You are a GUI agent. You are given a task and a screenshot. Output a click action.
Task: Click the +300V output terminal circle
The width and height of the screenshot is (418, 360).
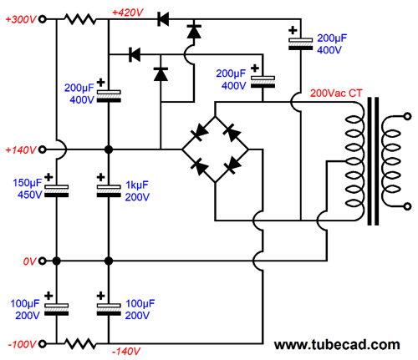pyautogui.click(x=42, y=19)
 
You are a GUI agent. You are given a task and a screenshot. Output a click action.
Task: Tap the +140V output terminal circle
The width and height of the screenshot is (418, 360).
pyautogui.click(x=42, y=150)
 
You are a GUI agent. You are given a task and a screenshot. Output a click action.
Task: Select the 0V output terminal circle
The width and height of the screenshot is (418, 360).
pyautogui.click(x=42, y=261)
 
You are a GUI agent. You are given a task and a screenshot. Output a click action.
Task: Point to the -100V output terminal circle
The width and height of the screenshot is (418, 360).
pyautogui.click(x=42, y=344)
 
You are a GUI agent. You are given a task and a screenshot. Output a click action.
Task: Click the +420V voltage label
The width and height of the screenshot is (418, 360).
pyautogui.click(x=128, y=13)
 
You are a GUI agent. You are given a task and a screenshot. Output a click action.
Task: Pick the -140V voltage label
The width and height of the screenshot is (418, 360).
pyautogui.click(x=126, y=352)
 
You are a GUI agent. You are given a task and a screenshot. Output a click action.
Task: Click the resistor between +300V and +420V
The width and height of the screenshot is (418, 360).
pyautogui.click(x=80, y=19)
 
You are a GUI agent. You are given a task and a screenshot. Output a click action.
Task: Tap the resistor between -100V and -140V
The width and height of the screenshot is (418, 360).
pyautogui.click(x=80, y=344)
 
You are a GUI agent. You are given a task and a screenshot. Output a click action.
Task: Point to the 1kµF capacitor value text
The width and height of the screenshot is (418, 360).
pyautogui.click(x=137, y=185)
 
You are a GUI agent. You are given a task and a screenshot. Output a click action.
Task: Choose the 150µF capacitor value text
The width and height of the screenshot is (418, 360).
pyautogui.click(x=27, y=183)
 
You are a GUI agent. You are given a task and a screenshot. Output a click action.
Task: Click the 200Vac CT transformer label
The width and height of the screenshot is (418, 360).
pyautogui.click(x=336, y=94)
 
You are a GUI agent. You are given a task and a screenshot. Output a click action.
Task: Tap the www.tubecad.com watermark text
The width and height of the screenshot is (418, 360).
pyautogui.click(x=337, y=345)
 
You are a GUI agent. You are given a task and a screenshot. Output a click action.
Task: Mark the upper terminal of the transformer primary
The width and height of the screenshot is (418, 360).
pyautogui.click(x=407, y=116)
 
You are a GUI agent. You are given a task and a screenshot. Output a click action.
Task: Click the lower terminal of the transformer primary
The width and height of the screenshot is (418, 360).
pyautogui.click(x=407, y=206)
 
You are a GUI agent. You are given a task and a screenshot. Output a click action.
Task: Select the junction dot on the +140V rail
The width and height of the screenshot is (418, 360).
pyautogui.click(x=109, y=150)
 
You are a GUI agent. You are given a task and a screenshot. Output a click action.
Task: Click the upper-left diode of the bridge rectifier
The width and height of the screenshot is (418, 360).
pyautogui.click(x=199, y=133)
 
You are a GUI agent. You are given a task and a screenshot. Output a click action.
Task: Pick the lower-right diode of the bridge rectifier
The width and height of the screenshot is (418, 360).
pyautogui.click(x=232, y=166)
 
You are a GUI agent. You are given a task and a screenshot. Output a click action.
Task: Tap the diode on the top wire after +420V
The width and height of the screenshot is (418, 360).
pyautogui.click(x=163, y=19)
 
